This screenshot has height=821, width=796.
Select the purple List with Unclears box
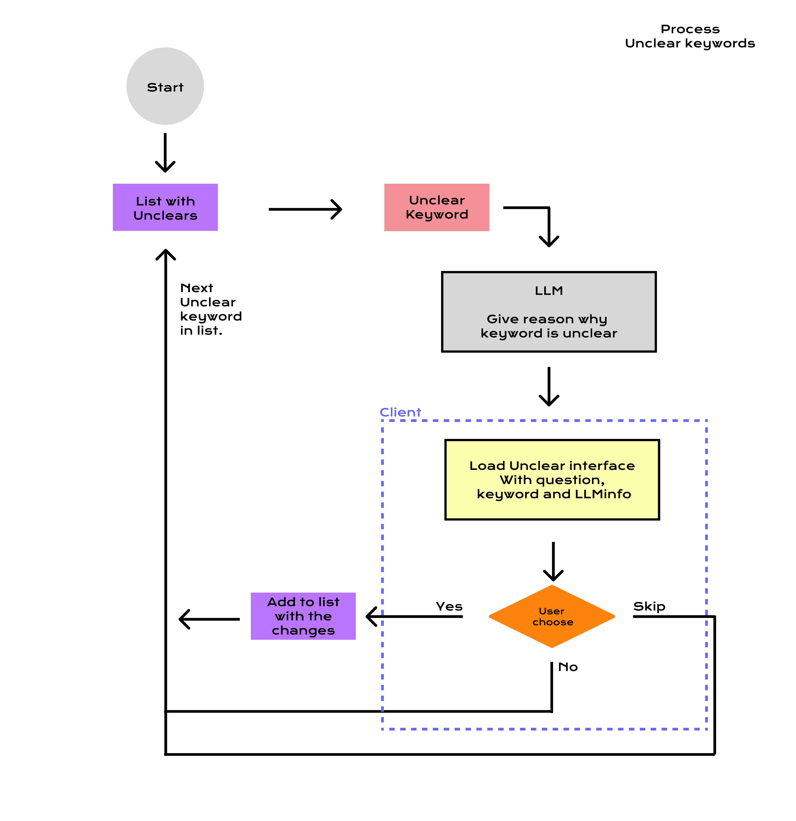(x=165, y=207)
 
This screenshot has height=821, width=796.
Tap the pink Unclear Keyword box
(x=437, y=207)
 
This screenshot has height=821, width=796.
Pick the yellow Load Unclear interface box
(x=552, y=480)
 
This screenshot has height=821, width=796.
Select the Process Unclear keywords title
(x=690, y=36)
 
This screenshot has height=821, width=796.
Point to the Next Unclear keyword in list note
(x=210, y=309)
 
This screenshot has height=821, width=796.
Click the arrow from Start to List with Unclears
(x=165, y=153)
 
